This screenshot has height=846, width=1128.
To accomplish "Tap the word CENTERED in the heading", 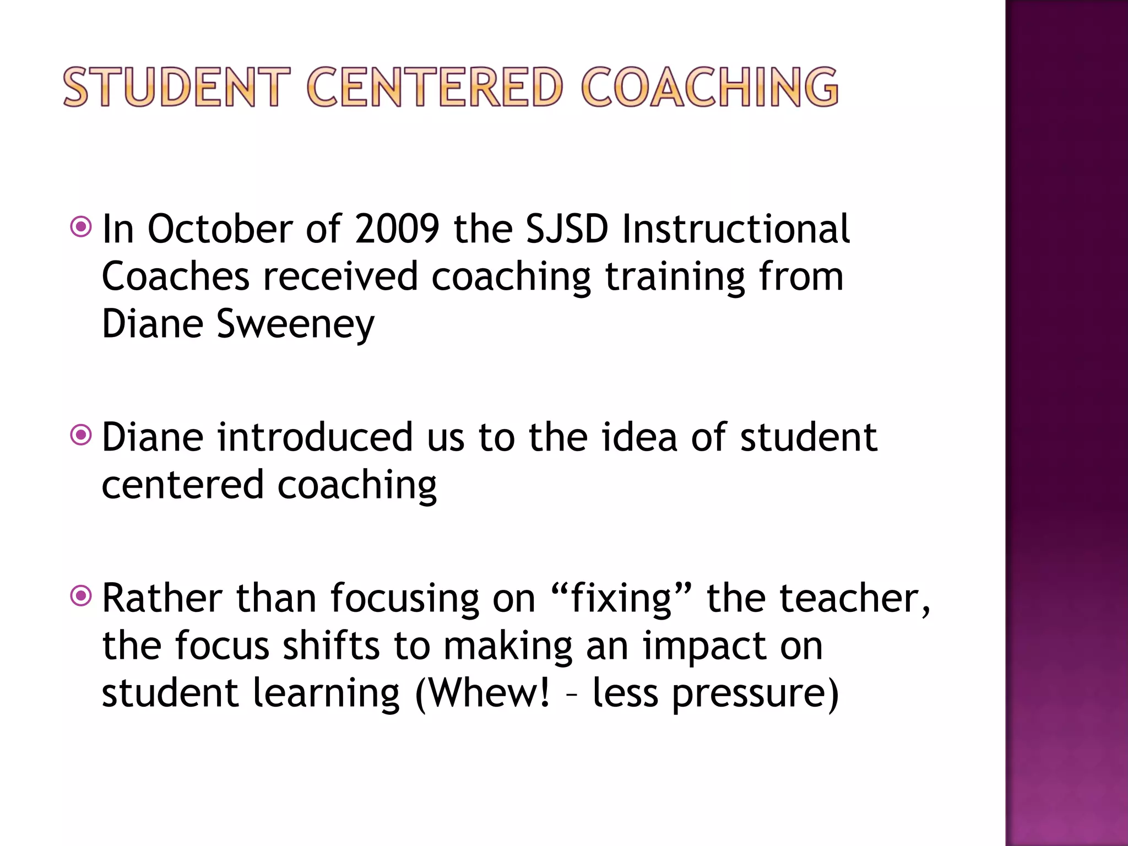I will (x=435, y=87).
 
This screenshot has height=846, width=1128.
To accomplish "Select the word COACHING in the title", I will (x=709, y=87).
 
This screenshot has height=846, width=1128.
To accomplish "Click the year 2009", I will (x=397, y=229).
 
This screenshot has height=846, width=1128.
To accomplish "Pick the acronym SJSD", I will (x=567, y=229).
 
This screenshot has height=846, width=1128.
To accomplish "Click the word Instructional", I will (x=736, y=229).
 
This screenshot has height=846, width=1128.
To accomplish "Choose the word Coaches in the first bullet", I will (x=176, y=276).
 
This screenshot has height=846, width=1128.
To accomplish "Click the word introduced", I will (x=314, y=437).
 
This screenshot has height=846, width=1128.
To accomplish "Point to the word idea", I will (x=639, y=437).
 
